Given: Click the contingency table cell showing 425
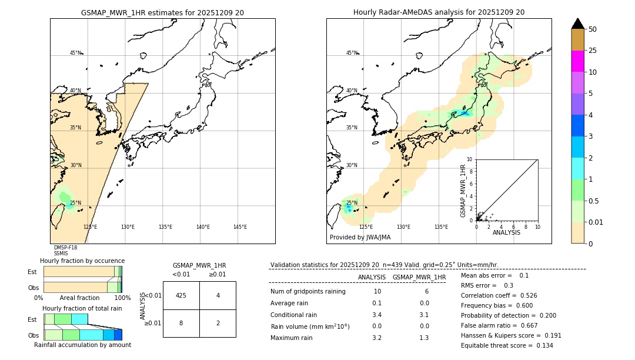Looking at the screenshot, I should [181, 295].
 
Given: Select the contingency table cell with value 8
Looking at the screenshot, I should [181, 323].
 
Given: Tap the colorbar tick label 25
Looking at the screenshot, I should [593, 51].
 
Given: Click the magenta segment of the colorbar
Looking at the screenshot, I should [577, 61].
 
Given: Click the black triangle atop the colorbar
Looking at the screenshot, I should [577, 24].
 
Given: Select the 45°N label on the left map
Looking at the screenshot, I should [75, 53].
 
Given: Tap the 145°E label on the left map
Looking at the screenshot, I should [240, 227].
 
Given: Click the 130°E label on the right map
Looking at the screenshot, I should [403, 227].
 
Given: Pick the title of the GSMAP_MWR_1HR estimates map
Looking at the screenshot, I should [162, 12].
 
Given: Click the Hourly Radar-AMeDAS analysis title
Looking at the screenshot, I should [439, 12].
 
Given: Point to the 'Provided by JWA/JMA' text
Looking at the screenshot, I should [360, 237].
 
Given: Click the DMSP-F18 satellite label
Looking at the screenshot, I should [65, 248].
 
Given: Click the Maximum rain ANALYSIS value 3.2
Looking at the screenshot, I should [377, 338].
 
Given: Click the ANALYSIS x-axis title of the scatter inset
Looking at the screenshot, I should [506, 232].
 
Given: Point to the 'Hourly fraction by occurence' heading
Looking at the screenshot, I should [82, 261].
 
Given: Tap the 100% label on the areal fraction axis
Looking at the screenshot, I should [122, 298].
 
